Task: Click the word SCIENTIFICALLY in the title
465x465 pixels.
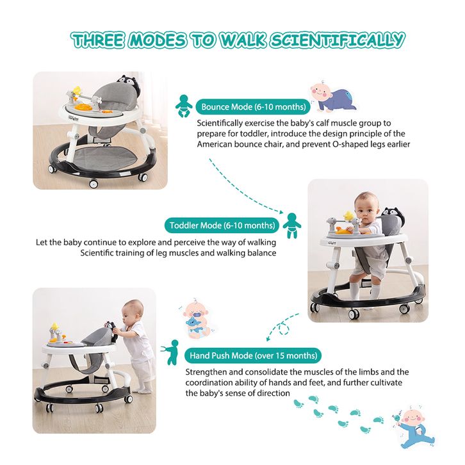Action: tap(338, 40)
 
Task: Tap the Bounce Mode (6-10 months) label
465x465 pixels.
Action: tap(253, 107)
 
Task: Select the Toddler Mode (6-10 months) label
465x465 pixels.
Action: tap(222, 225)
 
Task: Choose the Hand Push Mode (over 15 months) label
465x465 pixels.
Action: tap(253, 355)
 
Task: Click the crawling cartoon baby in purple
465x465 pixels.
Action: tap(333, 97)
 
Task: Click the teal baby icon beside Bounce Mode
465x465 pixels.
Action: tap(184, 106)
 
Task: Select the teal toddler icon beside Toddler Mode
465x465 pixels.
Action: tap(292, 225)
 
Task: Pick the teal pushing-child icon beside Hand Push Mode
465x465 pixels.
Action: tap(170, 352)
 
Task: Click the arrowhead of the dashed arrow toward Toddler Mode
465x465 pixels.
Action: tap(282, 211)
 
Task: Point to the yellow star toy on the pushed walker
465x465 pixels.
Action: tap(54, 327)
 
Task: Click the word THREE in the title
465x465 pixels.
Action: tap(98, 40)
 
